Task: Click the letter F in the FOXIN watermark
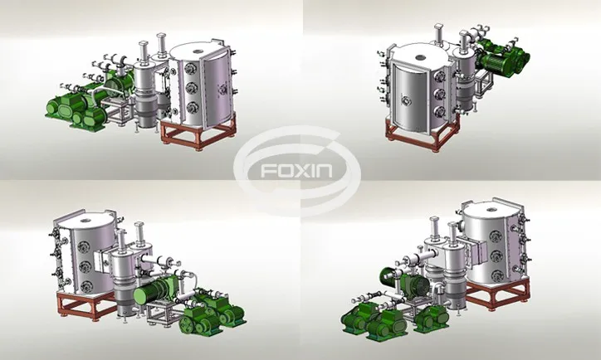[267, 171]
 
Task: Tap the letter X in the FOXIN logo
[302, 171]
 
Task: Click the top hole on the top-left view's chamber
[198, 51]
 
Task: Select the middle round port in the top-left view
[190, 88]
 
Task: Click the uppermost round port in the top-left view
[190, 69]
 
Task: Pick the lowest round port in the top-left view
[191, 107]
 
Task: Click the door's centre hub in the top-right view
[406, 101]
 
